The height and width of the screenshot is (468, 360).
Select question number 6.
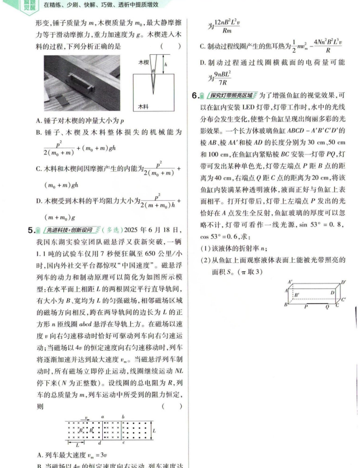tap(194, 96)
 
